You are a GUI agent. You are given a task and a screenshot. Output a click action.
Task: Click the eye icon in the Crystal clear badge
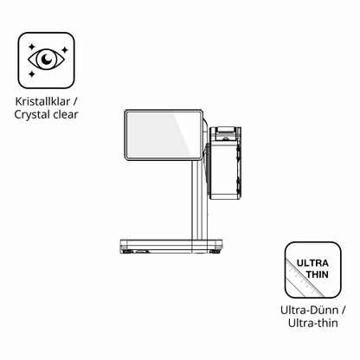(46, 60)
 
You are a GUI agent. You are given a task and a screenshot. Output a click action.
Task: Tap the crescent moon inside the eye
(47, 59)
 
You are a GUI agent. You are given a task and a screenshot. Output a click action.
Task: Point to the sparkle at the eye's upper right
(65, 49)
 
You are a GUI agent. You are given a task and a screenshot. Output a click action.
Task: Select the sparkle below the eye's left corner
(31, 74)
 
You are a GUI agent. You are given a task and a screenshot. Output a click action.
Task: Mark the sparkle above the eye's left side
(31, 47)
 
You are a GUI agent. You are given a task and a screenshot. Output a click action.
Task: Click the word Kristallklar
(42, 101)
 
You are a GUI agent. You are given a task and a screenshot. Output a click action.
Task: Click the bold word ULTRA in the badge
(312, 263)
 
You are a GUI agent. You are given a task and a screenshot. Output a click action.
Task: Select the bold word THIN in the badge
(317, 274)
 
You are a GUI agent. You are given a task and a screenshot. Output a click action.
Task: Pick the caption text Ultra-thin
(313, 323)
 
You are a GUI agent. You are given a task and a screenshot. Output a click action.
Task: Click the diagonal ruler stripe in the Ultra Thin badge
(303, 278)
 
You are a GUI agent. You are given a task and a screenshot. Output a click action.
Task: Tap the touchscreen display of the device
(164, 135)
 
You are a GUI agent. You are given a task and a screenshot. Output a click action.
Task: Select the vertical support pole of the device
(199, 200)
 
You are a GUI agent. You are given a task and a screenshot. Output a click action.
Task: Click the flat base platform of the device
(171, 245)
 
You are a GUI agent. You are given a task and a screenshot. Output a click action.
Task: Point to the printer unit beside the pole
(225, 164)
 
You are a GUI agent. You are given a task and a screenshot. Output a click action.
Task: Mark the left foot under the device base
(127, 252)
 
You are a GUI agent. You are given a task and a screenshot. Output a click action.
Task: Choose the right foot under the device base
(215, 252)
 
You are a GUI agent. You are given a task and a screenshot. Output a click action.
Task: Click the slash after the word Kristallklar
(75, 101)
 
